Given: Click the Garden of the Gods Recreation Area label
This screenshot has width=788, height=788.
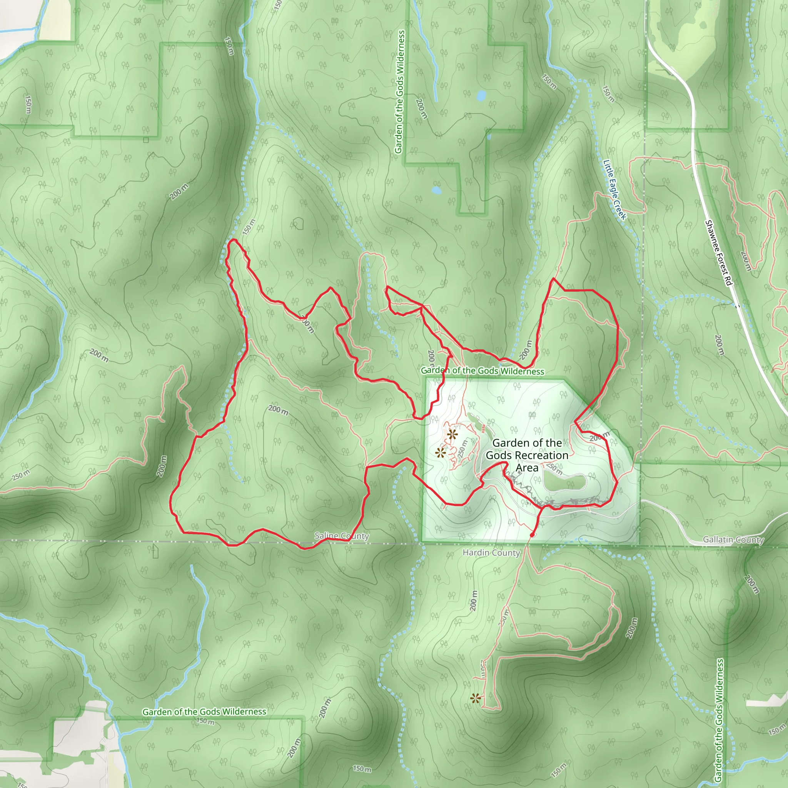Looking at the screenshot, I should [x=527, y=455].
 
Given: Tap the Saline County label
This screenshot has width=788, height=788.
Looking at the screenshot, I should [x=341, y=536].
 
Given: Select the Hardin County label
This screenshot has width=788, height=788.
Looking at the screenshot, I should [x=491, y=553].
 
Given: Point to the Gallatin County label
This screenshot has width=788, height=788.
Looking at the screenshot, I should [x=733, y=539].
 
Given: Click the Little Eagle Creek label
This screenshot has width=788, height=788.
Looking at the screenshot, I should [x=614, y=190].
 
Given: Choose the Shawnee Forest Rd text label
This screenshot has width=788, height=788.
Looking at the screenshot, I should [x=719, y=253].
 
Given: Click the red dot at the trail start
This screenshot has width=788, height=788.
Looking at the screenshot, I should [x=532, y=535].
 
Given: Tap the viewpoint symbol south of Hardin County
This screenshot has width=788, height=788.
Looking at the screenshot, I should [x=475, y=698].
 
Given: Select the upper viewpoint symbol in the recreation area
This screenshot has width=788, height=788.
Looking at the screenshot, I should [x=452, y=434].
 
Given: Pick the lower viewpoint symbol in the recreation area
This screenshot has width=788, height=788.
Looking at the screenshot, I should [x=440, y=453].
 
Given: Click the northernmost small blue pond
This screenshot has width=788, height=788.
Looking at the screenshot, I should [x=481, y=96].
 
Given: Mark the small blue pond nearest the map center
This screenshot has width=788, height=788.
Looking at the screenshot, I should [x=436, y=190].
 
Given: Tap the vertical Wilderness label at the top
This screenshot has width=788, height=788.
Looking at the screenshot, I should [x=399, y=92].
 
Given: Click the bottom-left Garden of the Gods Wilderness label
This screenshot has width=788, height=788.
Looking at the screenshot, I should [x=204, y=712].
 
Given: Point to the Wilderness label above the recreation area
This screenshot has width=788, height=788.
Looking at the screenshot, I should [x=482, y=371].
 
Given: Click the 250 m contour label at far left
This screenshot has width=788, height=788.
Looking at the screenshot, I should [x=21, y=475].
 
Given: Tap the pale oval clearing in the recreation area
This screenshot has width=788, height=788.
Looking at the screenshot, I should [x=564, y=482].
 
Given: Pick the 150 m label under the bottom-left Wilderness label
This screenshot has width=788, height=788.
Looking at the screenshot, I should [x=205, y=721].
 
